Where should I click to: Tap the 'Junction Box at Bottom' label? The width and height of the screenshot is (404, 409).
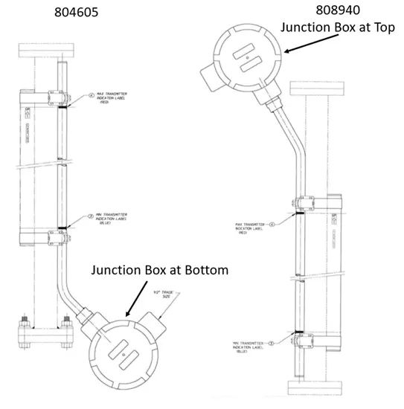pyautogui.click(x=159, y=269)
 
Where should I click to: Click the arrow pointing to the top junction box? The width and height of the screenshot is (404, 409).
pyautogui.click(x=305, y=45)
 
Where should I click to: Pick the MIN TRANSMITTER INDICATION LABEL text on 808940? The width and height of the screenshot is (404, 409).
pyautogui.click(x=248, y=346)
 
